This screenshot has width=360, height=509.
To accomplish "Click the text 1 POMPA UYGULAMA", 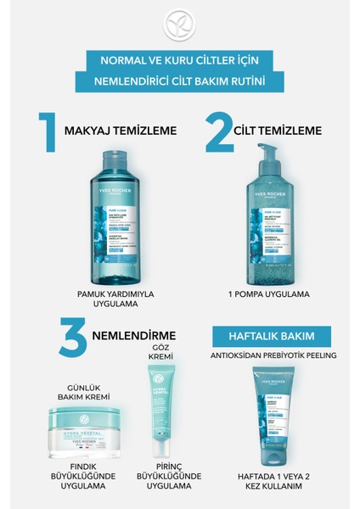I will pos(268,294).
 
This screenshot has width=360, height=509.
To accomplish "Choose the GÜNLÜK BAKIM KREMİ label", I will pos(86,390).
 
